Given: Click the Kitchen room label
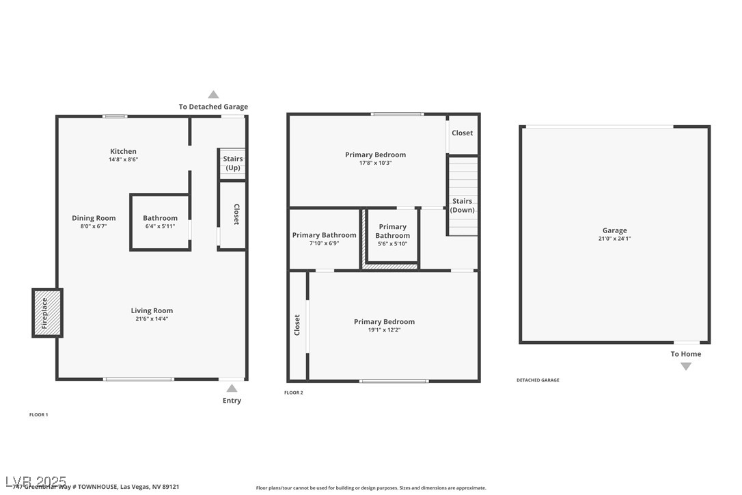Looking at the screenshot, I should [124, 151].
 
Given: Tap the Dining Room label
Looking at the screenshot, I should [94, 218].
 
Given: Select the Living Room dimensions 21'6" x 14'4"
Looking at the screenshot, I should [152, 319].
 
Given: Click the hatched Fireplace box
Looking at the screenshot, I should [47, 312].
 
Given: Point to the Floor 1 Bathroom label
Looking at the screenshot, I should [160, 218].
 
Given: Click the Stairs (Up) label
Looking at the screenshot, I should [233, 163].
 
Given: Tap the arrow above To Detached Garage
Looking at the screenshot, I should [213, 95].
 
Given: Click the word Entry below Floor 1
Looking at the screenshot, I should [232, 401].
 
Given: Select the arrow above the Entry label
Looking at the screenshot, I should [232, 388].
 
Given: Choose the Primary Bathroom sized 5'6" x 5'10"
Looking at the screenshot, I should [392, 231].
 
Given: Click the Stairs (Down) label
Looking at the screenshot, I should [463, 205].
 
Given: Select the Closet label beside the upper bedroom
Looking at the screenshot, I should [462, 133].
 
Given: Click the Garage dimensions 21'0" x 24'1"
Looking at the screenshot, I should [614, 239].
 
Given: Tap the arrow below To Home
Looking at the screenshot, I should [685, 366].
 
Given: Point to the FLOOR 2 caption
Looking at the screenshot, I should [293, 392].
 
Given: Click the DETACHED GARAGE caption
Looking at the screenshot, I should [538, 380].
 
